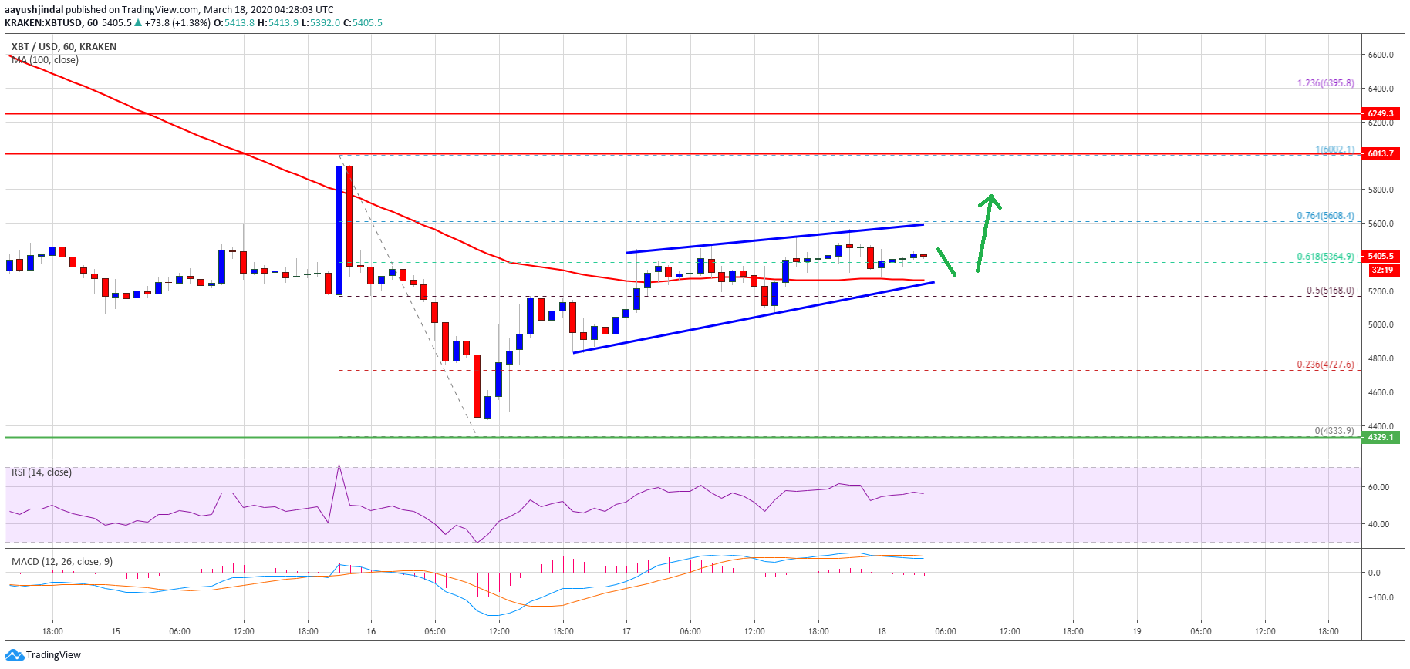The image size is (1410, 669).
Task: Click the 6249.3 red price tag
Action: pyautogui.click(x=1380, y=113)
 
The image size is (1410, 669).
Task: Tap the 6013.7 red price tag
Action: pyautogui.click(x=1380, y=153)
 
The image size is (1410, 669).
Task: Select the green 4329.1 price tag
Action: pyautogui.click(x=1380, y=437)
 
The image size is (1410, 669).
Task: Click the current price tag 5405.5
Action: pyautogui.click(x=1380, y=256)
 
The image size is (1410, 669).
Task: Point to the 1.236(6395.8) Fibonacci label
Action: pyautogui.click(x=1325, y=83)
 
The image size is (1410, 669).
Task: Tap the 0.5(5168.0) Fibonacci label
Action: pyautogui.click(x=1330, y=291)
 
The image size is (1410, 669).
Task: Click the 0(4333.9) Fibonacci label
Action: pyautogui.click(x=1334, y=431)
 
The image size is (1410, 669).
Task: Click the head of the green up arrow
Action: pyautogui.click(x=991, y=198)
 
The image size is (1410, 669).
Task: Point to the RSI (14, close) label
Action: pyautogui.click(x=42, y=472)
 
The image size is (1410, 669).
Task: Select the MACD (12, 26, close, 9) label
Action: pyautogui.click(x=62, y=562)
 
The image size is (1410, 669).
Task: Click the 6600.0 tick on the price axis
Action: pyautogui.click(x=1380, y=55)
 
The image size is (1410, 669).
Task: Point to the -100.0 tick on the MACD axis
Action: pyautogui.click(x=1378, y=597)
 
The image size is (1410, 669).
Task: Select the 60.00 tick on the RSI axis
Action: pyautogui.click(x=1378, y=487)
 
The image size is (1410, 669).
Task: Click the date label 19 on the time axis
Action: pyautogui.click(x=1136, y=631)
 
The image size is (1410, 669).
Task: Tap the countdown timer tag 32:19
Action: pyautogui.click(x=1381, y=270)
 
